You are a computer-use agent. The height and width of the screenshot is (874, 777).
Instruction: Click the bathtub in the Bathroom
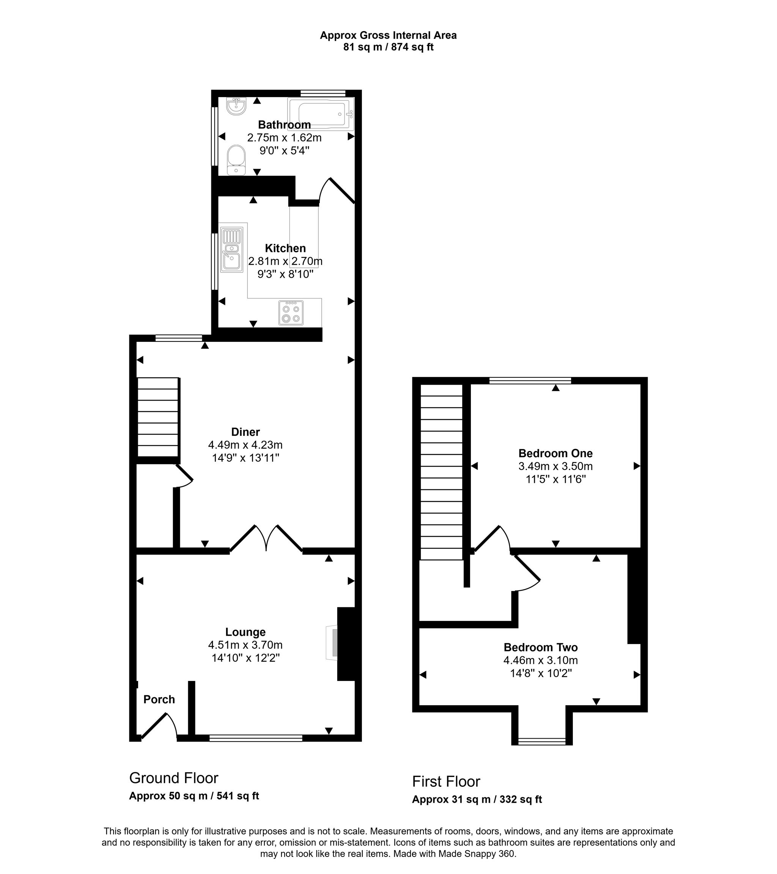click(x=321, y=114)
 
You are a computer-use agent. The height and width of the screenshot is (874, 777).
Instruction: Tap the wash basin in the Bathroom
click(x=236, y=107)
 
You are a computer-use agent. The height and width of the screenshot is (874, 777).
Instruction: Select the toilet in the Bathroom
click(x=236, y=160)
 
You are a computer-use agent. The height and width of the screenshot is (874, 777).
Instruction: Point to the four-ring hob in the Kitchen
click(x=291, y=313)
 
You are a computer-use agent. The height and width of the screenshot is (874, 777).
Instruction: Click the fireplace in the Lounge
click(x=332, y=643)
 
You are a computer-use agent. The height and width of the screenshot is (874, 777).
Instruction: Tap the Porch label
click(x=159, y=700)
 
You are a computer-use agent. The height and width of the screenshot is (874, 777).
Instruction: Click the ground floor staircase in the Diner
click(x=157, y=417)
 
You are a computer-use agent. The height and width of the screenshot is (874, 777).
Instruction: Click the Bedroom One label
click(x=555, y=453)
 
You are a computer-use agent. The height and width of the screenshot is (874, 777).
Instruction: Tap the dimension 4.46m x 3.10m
click(x=541, y=660)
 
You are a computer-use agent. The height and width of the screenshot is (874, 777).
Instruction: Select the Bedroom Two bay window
click(x=542, y=742)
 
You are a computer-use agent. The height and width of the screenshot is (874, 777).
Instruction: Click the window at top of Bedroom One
click(x=530, y=380)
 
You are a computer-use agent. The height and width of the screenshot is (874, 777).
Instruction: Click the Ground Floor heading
click(x=174, y=778)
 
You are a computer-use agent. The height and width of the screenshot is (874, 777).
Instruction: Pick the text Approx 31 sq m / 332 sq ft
click(x=477, y=799)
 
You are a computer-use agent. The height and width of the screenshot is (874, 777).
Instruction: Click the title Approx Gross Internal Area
click(x=388, y=36)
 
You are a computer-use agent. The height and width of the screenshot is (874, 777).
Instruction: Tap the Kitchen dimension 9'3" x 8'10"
click(x=285, y=274)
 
